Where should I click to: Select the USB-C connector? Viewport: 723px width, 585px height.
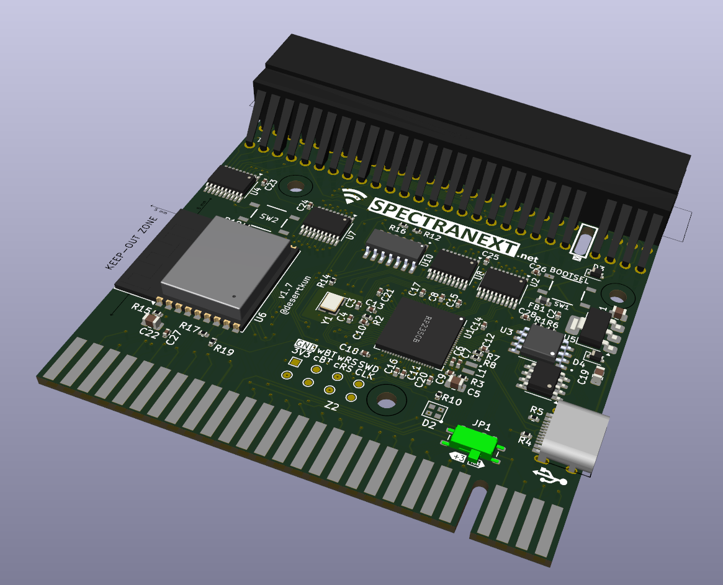tap(574, 437)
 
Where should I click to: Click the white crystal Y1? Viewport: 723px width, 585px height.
tap(330, 302)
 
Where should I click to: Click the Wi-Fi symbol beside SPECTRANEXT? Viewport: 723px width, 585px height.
tap(353, 197)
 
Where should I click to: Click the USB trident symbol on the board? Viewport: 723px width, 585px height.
tap(549, 476)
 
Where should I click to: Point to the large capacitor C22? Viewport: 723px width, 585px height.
tap(152, 321)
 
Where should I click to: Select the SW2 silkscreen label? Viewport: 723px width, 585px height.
tap(269, 218)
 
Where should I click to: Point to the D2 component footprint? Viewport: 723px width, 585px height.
tap(434, 410)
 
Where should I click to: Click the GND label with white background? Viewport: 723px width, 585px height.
tap(306, 344)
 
